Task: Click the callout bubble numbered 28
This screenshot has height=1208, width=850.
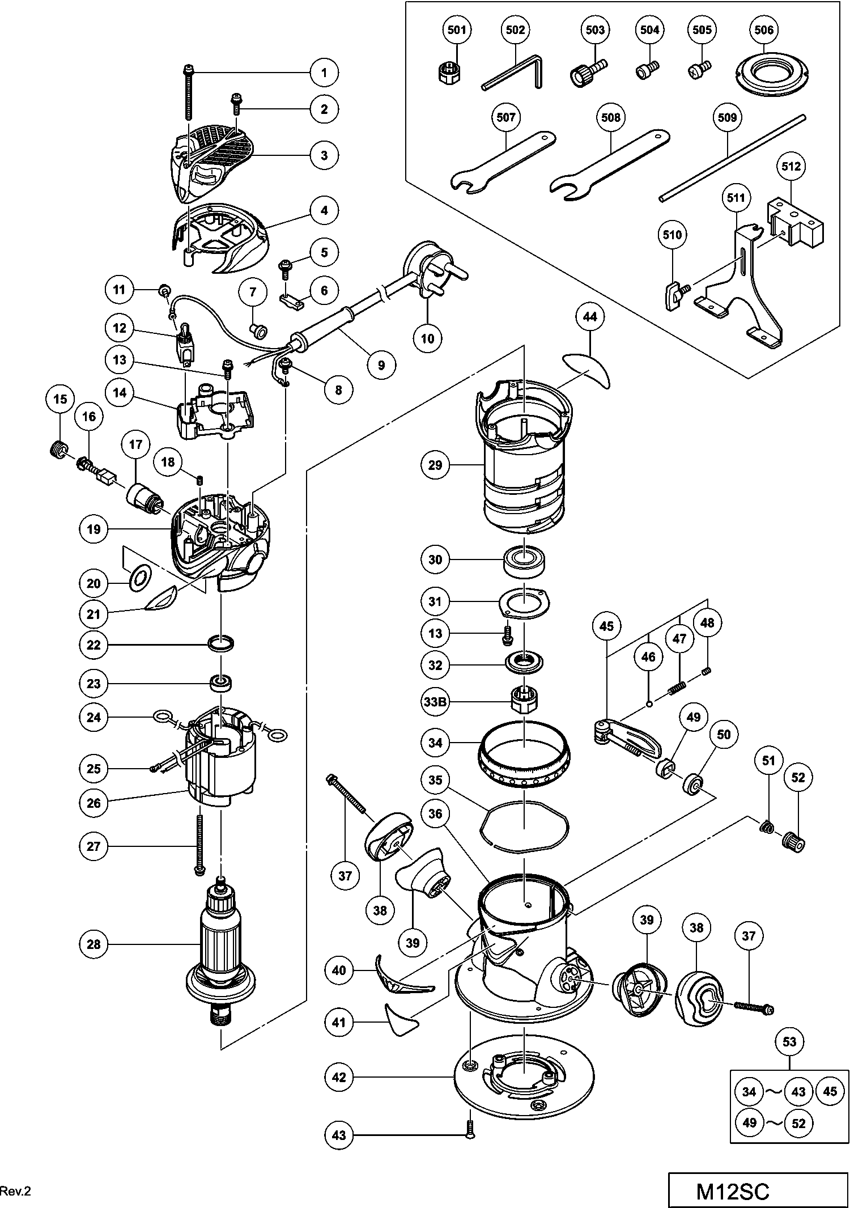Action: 93,944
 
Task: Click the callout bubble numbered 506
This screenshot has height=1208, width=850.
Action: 764,29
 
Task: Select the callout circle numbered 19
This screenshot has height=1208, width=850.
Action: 93,529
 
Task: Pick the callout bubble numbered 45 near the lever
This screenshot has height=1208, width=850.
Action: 606,626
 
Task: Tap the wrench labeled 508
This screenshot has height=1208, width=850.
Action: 609,164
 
